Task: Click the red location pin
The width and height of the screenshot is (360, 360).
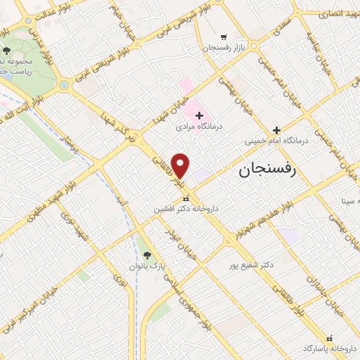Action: (181, 166)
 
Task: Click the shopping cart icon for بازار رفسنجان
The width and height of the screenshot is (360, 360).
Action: (224, 37)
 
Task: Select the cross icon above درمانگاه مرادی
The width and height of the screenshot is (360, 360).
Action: (199, 115)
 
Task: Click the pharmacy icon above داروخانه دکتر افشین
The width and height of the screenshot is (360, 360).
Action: (186, 199)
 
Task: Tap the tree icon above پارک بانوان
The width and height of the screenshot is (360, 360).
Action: (147, 255)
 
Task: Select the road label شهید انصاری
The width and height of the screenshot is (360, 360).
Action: (338, 13)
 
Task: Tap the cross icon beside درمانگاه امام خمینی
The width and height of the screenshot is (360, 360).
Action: (276, 129)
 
